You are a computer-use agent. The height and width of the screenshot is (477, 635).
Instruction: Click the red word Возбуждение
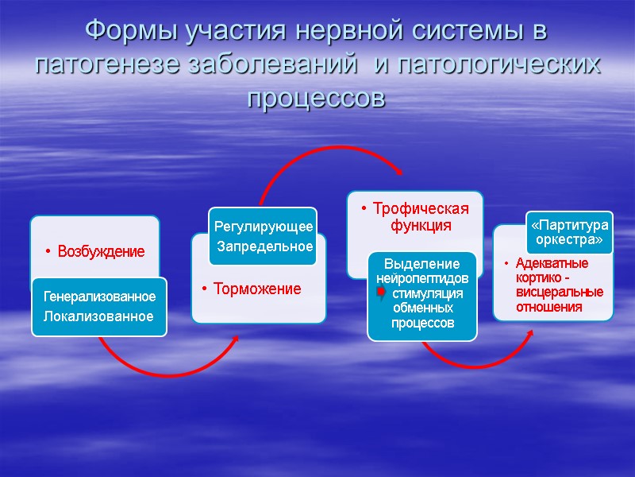point(100,252)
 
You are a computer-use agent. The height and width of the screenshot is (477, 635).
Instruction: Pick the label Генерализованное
point(99,297)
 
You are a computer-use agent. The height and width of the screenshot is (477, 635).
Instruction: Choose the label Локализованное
point(98,316)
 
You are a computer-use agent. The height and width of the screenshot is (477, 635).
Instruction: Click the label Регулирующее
point(264,227)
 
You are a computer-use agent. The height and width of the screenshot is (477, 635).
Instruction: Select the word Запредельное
point(265,246)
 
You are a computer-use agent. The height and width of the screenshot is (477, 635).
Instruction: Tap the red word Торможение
point(258,289)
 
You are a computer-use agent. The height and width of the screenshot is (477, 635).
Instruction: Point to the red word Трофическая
point(421,208)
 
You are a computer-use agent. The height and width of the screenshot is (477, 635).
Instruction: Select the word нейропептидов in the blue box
point(421,278)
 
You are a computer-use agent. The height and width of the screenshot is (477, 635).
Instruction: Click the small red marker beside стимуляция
point(381,294)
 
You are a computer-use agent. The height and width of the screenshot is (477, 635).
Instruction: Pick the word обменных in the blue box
point(421,308)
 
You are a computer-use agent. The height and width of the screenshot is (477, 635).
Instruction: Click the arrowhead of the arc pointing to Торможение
point(236,339)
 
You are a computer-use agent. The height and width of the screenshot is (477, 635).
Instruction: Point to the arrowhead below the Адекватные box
point(529,330)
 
